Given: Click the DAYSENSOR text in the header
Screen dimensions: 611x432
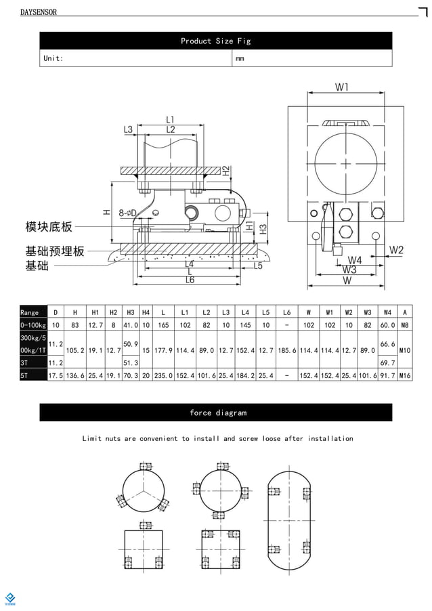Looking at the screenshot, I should tap(39, 12).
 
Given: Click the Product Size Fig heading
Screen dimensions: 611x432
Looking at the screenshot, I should tap(215, 41).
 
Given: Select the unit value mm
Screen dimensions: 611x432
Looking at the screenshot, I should tap(240, 59).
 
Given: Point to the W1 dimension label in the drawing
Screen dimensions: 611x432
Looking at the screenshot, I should tap(342, 87).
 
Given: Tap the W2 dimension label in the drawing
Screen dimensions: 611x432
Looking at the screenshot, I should tap(396, 250).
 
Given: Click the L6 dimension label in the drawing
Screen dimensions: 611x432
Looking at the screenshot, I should tap(190, 280).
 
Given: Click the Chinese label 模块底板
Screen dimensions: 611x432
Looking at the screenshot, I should tap(48, 226).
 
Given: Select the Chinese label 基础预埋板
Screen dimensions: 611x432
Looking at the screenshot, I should tap(55, 251).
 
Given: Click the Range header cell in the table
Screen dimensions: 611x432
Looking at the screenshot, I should tap(30, 312).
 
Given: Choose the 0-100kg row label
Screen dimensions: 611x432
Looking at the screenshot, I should tap(33, 326).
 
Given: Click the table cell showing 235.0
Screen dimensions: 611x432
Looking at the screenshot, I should tap(163, 375).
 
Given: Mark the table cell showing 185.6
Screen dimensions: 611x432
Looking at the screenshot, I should tap(287, 351).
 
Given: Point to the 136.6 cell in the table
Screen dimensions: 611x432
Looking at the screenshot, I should tap(75, 375).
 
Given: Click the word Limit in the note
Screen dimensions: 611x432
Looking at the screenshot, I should tap(91, 439).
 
